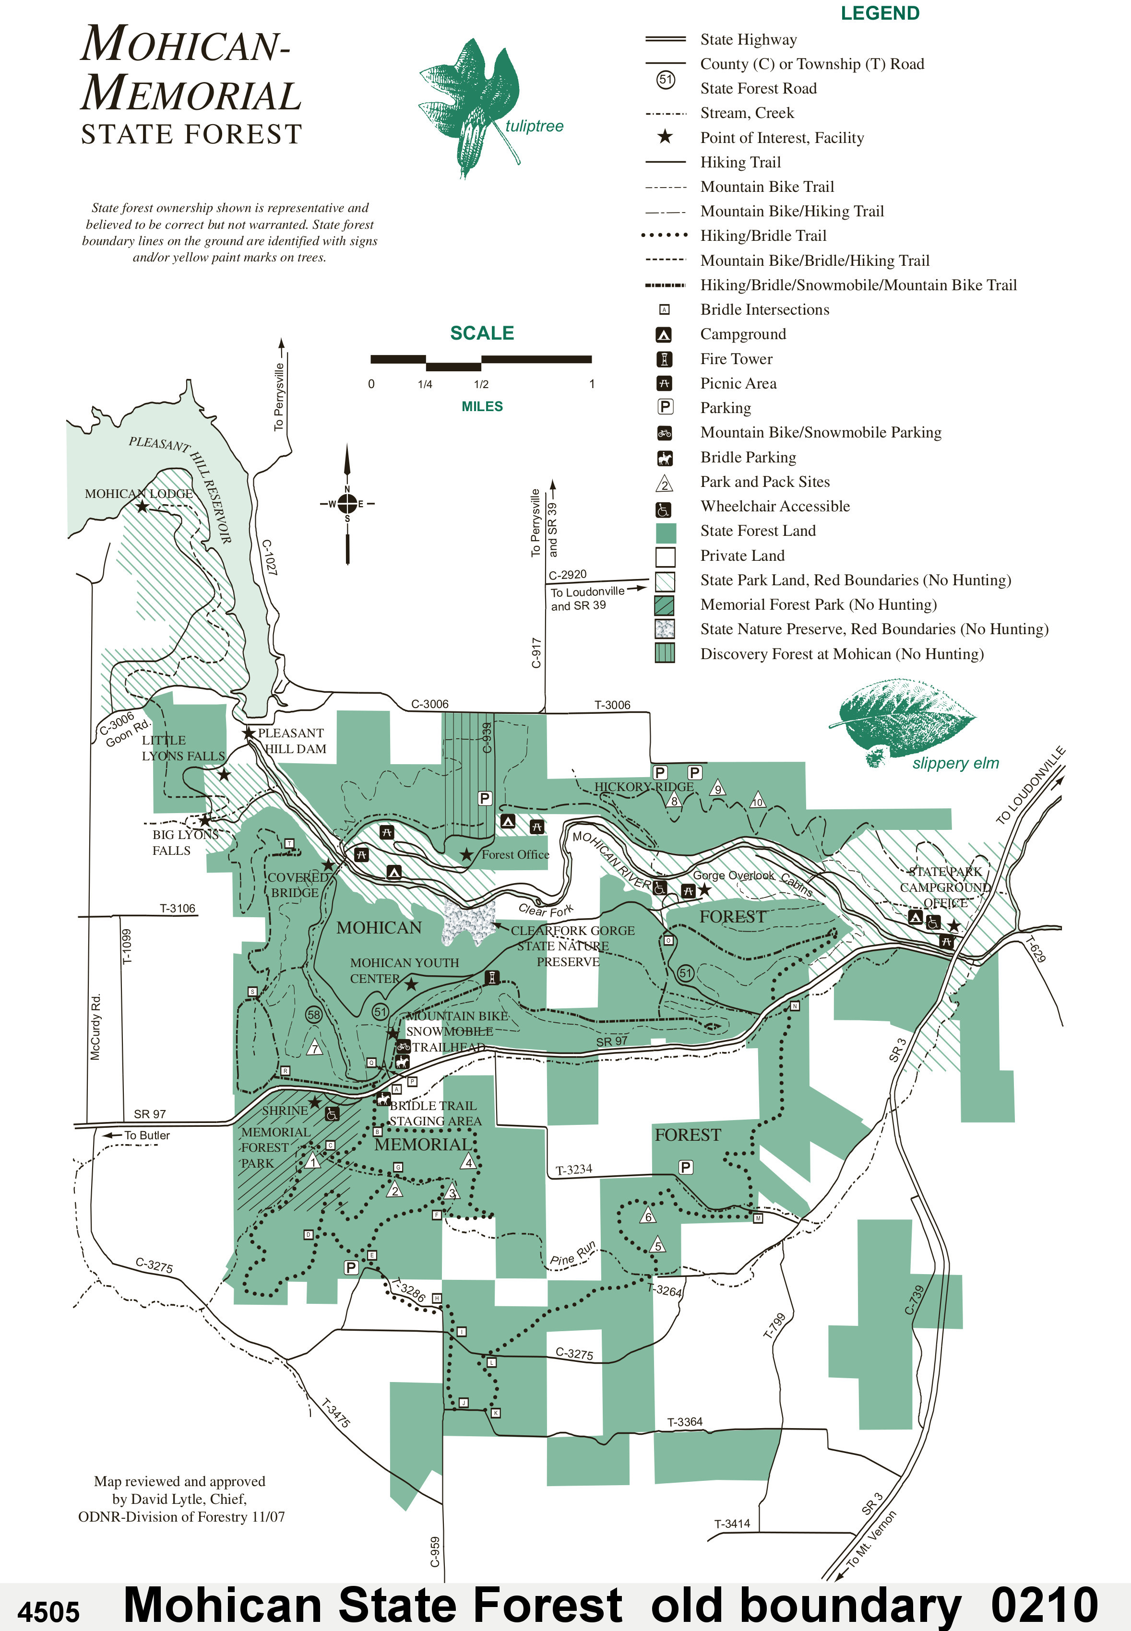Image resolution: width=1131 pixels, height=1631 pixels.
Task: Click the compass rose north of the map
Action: [x=347, y=504]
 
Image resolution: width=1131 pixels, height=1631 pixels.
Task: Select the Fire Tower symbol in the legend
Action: [x=664, y=359]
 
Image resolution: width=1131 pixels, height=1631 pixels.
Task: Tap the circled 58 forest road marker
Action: [x=314, y=1015]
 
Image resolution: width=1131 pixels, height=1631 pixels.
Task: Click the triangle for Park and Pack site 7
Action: [x=315, y=1048]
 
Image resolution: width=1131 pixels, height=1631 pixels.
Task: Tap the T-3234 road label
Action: [x=573, y=1169]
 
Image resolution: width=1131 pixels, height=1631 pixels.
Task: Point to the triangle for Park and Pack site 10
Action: [x=758, y=801]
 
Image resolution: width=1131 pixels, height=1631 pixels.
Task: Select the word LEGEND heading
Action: [x=880, y=13]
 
